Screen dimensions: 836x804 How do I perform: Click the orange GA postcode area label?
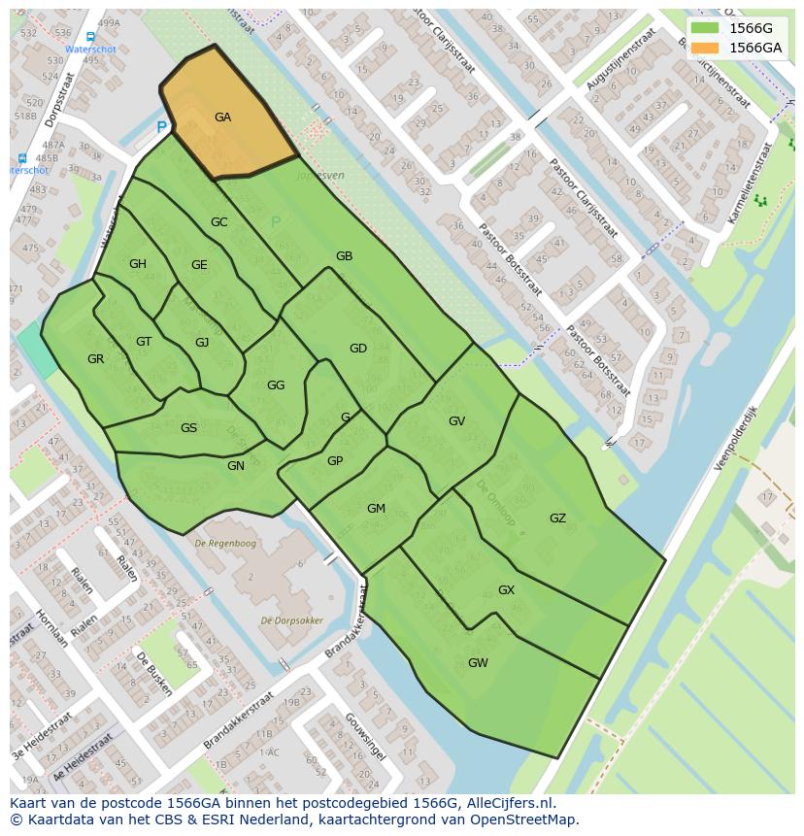click(222, 117)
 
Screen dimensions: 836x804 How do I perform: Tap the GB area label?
click(344, 256)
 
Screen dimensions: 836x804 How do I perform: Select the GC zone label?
click(219, 222)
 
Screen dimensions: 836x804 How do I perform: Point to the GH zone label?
click(138, 264)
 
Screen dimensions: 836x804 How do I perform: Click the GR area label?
click(95, 359)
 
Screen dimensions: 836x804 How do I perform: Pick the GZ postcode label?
click(557, 518)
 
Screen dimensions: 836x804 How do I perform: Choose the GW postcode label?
click(478, 663)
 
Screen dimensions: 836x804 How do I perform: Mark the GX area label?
click(506, 590)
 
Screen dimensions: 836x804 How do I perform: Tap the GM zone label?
click(376, 509)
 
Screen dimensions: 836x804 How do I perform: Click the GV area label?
click(457, 421)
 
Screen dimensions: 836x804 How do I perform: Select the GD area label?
click(358, 349)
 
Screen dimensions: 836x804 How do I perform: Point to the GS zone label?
click(188, 428)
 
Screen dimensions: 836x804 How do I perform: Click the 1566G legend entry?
click(751, 28)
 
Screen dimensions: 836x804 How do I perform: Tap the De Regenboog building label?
click(224, 542)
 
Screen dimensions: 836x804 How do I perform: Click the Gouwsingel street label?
click(365, 736)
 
